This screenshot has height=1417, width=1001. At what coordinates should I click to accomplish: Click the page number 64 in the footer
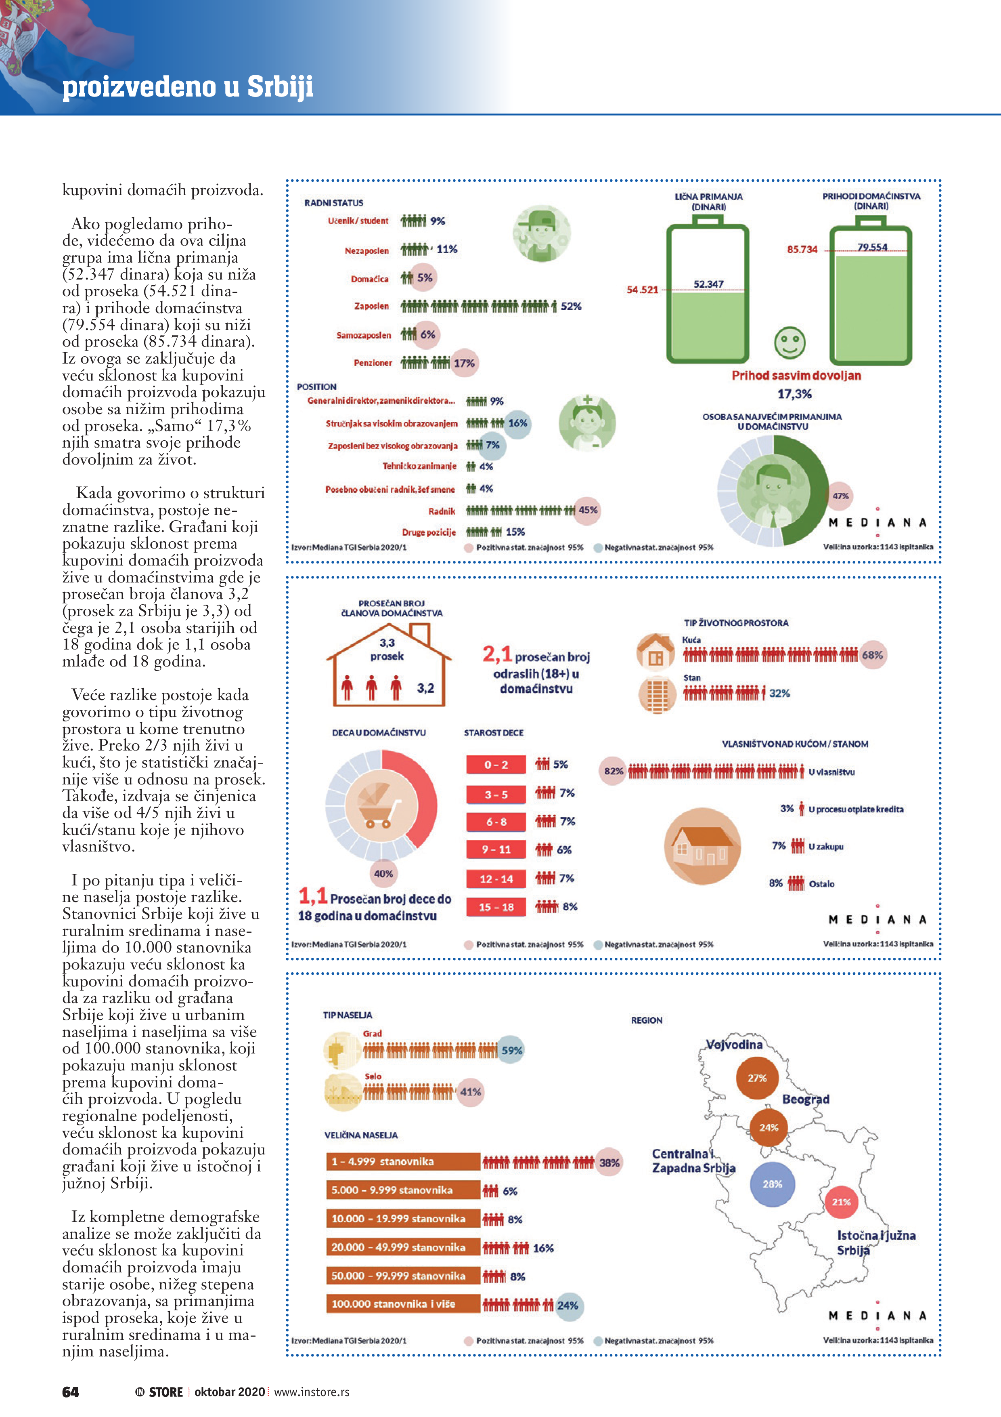click(x=70, y=1392)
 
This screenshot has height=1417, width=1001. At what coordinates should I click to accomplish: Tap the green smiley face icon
click(x=789, y=343)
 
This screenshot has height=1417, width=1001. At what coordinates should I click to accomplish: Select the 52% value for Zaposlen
click(x=570, y=306)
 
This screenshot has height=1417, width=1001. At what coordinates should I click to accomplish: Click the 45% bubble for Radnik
click(x=587, y=511)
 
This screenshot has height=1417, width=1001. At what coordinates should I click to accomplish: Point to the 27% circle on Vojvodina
click(x=757, y=1078)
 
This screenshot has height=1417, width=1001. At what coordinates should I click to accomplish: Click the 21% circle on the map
click(x=841, y=1202)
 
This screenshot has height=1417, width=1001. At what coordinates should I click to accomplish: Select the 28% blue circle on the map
click(x=772, y=1184)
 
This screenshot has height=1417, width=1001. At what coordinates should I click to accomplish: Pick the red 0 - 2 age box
click(x=496, y=765)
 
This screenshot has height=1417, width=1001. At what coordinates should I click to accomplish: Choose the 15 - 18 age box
click(x=496, y=906)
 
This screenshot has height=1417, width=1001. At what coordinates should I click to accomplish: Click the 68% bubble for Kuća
click(x=872, y=655)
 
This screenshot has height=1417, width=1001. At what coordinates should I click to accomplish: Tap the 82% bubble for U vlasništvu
click(x=613, y=771)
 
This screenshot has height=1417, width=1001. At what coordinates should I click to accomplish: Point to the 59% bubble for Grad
click(x=511, y=1050)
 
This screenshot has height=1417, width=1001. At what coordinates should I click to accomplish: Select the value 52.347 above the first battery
click(x=708, y=284)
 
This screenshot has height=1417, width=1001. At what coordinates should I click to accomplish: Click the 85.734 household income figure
click(x=802, y=249)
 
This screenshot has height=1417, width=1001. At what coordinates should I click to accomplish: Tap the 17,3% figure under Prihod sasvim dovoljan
click(x=794, y=394)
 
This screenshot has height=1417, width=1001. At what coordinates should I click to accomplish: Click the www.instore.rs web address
click(x=312, y=1392)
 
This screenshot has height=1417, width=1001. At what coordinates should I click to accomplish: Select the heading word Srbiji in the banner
click(x=280, y=86)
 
